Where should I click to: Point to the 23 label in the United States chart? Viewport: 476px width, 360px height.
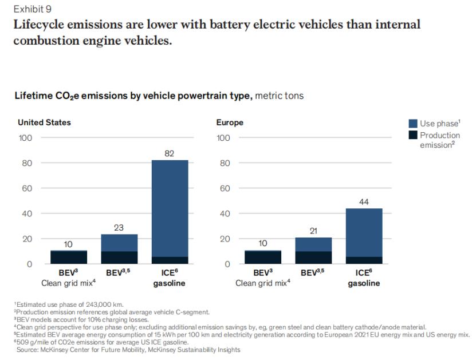tap(119, 227)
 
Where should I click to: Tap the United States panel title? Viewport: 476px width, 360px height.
tap(45, 122)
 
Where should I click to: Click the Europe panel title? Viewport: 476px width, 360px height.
tap(230, 122)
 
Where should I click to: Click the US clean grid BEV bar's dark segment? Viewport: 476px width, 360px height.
tap(68, 258)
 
